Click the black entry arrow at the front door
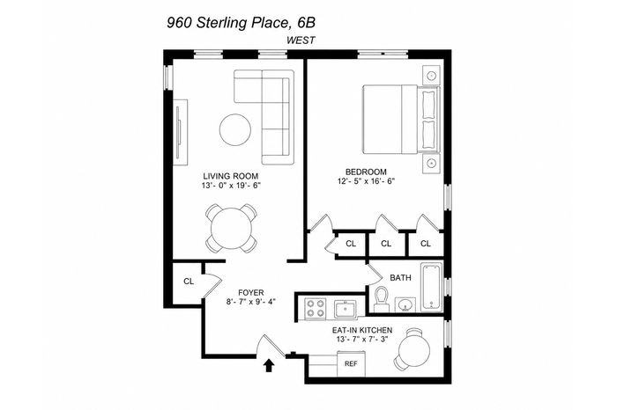point(269,365)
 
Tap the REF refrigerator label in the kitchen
point(351,363)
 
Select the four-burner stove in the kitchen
point(316,308)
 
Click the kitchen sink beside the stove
point(345,309)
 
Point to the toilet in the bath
point(381,300)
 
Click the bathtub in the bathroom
point(432,287)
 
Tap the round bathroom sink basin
point(405,304)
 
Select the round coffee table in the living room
point(235,129)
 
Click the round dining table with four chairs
point(231,229)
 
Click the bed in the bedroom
point(400,119)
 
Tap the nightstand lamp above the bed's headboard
point(432,75)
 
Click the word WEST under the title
point(301,40)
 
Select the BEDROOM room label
point(366,172)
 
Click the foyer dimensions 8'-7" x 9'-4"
point(251,302)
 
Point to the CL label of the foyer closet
point(189,282)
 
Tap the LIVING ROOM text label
point(231,176)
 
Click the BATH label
point(400,278)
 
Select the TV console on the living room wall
point(181,132)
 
